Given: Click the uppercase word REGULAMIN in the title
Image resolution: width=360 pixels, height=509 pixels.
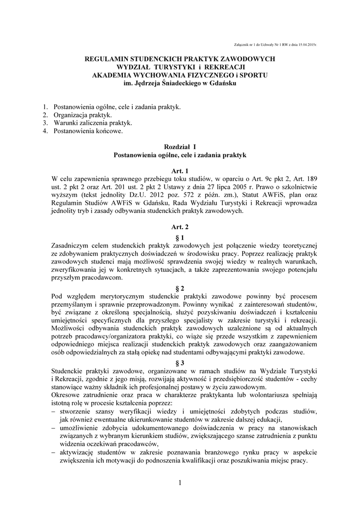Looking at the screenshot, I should tap(106, 59).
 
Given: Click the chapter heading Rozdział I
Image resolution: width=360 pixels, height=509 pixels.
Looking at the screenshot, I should tap(180, 147).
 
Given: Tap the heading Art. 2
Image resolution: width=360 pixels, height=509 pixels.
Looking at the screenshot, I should tap(180, 227).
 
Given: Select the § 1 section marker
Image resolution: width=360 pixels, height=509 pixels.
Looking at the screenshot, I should tap(180, 238).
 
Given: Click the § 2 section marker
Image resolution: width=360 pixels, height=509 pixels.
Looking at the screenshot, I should tap(180, 288).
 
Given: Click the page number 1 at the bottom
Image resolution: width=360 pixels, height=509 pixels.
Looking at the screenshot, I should tap(180, 483).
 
